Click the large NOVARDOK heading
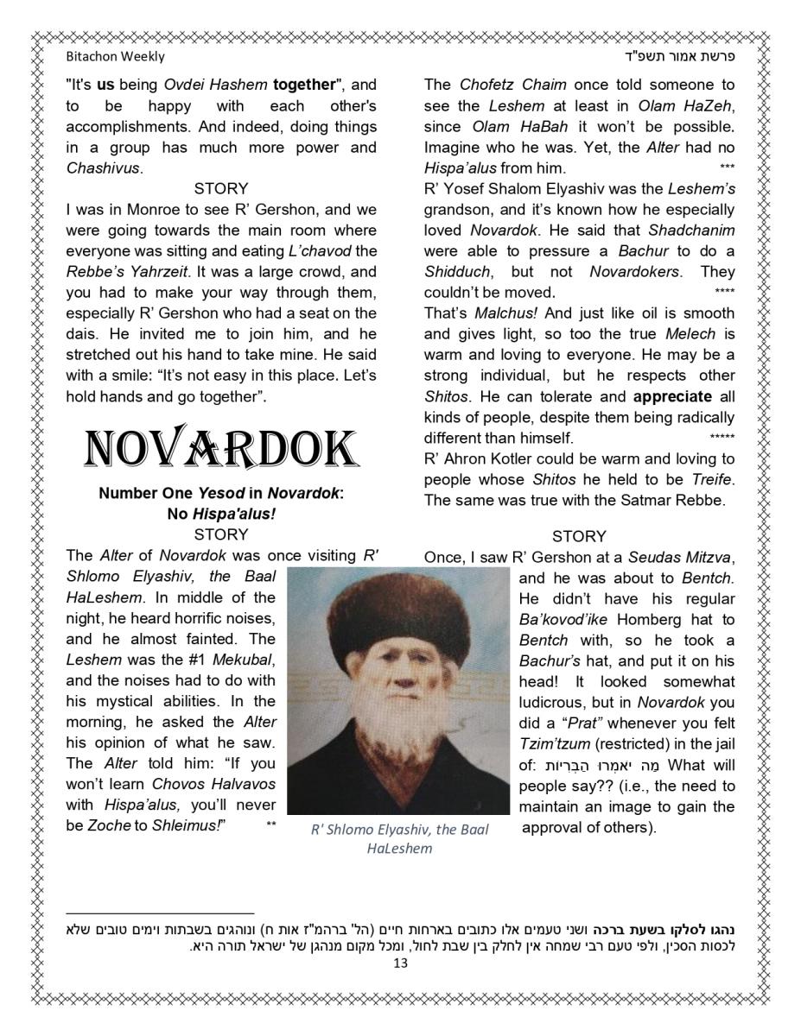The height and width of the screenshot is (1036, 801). click(x=221, y=449)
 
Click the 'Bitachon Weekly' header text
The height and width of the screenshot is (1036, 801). click(x=115, y=56)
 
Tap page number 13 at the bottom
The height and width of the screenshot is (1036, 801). click(x=399, y=963)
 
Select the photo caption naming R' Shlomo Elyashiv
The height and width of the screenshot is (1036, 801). click(x=399, y=838)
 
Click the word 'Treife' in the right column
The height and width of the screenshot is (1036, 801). click(x=713, y=480)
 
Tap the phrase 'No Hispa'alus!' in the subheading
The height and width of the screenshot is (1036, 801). click(x=221, y=515)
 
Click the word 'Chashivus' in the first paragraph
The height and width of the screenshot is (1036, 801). click(x=103, y=168)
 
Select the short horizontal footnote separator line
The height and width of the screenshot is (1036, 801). click(x=160, y=913)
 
